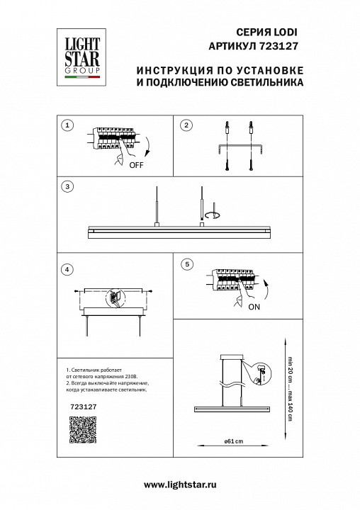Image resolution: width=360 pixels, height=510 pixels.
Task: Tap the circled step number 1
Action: [x=67, y=125]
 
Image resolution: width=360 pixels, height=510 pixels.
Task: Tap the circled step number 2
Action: [x=186, y=125]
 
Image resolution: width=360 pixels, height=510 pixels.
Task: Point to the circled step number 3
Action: [x=67, y=187]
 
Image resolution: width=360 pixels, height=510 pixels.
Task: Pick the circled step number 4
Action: [x=67, y=269]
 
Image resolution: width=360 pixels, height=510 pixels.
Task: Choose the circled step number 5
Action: [x=186, y=264]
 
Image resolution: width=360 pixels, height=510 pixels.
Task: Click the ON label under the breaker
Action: [x=254, y=307]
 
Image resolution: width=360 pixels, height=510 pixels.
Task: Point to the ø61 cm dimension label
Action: [x=234, y=440]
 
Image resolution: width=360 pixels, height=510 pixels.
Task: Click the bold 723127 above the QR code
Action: [x=76, y=407]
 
